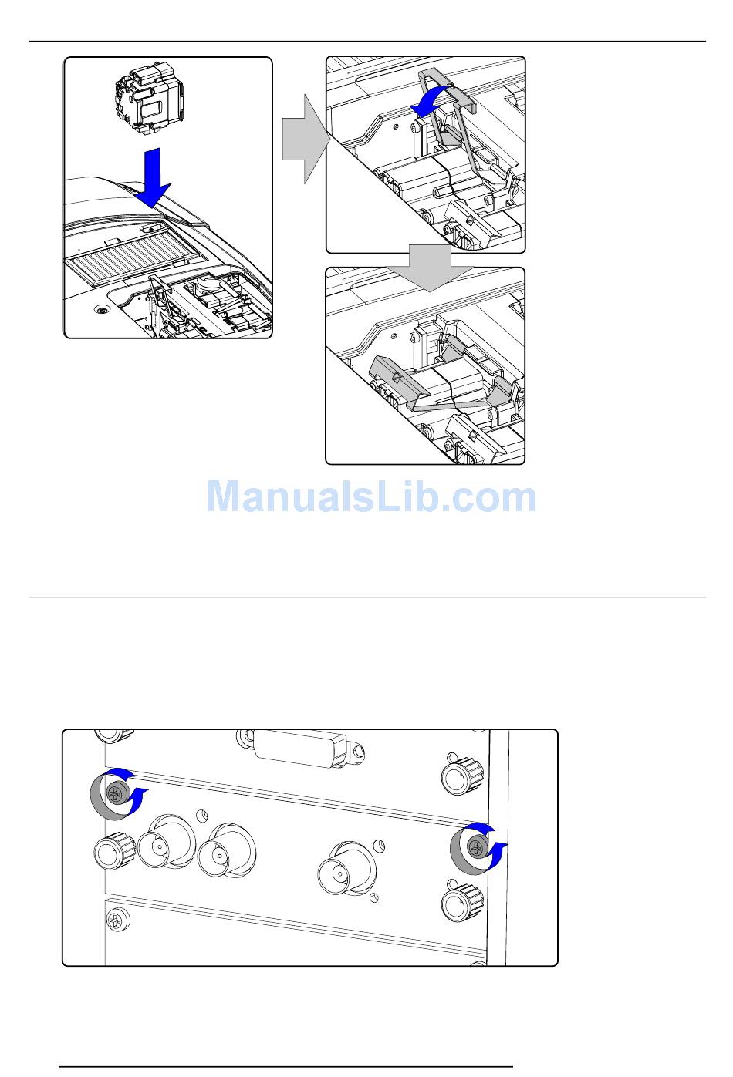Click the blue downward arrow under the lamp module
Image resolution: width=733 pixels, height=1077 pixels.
153,177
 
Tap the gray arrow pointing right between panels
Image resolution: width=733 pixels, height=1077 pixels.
306,139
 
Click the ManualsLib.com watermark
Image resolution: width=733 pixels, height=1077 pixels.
372,497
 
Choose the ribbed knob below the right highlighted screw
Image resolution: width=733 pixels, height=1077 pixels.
461,904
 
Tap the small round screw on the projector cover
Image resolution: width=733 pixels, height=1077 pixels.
102,310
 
